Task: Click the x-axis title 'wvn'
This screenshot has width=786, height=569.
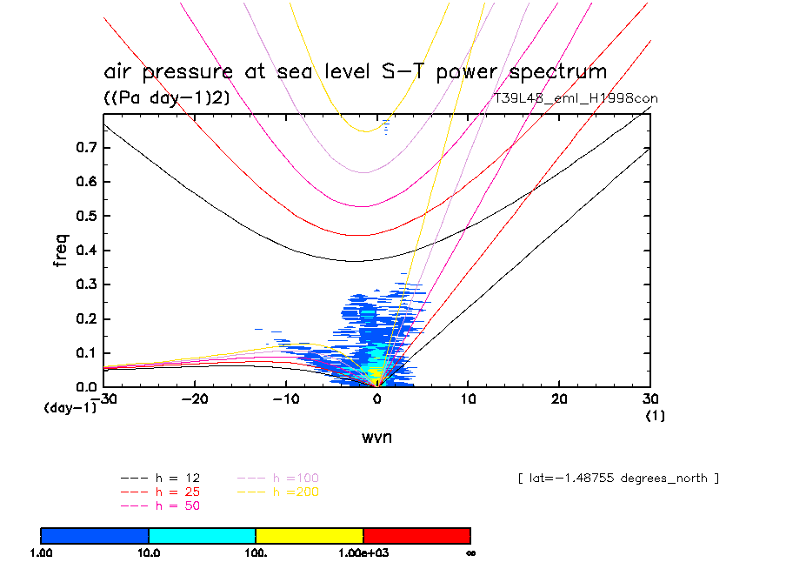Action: [376, 438]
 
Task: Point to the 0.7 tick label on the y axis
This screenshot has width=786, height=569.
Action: [84, 148]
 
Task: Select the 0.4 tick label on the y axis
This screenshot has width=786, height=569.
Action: [84, 251]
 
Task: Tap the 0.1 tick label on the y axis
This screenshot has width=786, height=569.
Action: [84, 352]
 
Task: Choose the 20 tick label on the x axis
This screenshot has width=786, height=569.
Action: [560, 398]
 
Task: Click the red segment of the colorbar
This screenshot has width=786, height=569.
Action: [416, 535]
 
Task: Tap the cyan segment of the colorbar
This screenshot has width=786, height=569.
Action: [202, 535]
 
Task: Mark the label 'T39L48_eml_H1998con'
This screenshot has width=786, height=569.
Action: [576, 98]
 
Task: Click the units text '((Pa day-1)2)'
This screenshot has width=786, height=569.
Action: [167, 98]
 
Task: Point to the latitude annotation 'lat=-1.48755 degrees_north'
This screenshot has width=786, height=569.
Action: [618, 479]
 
